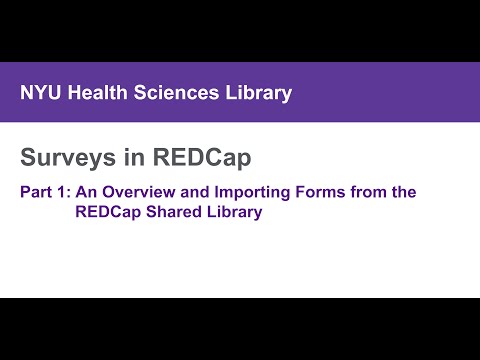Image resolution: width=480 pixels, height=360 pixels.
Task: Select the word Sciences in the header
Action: pyautogui.click(x=177, y=93)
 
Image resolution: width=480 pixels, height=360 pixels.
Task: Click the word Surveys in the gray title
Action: pyautogui.click(x=67, y=157)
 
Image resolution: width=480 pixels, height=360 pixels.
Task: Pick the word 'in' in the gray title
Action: pyautogui.click(x=134, y=157)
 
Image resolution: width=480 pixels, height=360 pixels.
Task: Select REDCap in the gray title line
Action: pyautogui.click(x=199, y=157)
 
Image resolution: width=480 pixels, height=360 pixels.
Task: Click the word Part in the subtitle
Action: pyautogui.click(x=36, y=191)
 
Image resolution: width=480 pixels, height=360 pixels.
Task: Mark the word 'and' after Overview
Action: pyautogui.click(x=195, y=191)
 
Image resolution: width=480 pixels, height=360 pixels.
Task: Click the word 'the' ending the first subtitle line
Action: pyautogui.click(x=404, y=191)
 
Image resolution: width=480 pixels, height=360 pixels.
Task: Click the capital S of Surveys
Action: pyautogui.click(x=28, y=157)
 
